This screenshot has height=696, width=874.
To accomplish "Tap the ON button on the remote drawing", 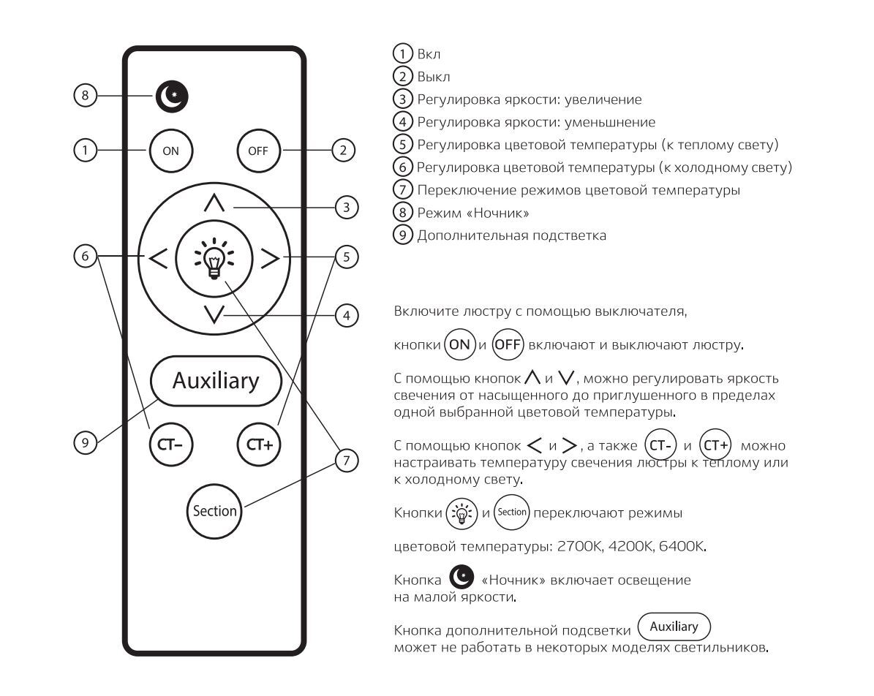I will [170, 151].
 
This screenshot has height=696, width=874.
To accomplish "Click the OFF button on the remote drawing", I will [258, 151].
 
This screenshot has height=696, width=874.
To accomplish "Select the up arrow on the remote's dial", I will [214, 205].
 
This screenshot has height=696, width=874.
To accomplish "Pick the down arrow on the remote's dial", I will [214, 314].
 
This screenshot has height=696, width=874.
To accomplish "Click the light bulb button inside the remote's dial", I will [214, 260].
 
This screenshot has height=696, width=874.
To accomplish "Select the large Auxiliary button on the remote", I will [216, 380].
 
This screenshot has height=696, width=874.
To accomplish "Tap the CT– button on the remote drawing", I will [170, 443].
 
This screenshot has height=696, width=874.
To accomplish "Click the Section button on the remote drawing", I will [214, 510].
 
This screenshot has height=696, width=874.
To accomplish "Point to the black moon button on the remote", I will [171, 95].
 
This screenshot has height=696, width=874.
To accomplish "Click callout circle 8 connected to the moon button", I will [85, 95].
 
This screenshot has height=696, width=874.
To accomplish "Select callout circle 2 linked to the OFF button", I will [342, 151].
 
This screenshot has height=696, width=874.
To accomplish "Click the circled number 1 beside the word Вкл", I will [403, 54].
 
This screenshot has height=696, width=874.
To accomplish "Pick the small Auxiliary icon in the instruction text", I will [674, 627].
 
